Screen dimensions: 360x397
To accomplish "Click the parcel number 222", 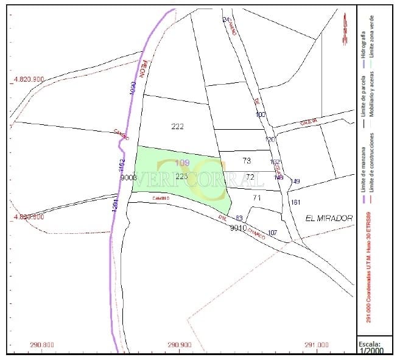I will [x=178, y=126].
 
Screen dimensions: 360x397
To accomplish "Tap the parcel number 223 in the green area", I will [x=181, y=176].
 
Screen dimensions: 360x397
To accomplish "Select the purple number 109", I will [x=182, y=163].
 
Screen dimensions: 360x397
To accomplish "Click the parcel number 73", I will [x=247, y=161].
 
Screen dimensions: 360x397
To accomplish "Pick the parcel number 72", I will [x=249, y=177].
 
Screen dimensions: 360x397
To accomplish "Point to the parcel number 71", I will [x=256, y=197].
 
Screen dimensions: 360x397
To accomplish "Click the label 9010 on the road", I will [x=238, y=228].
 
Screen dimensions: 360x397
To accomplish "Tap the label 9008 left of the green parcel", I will [x=128, y=177].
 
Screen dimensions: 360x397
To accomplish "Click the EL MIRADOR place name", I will [x=329, y=218].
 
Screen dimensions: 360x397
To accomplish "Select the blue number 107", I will [x=272, y=233].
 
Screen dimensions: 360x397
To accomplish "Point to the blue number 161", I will [x=296, y=202].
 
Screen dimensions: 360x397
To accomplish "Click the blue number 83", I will [x=239, y=218].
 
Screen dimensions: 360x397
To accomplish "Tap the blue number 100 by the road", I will [x=261, y=115].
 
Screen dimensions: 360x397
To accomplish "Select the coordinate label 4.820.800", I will [x=29, y=216].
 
